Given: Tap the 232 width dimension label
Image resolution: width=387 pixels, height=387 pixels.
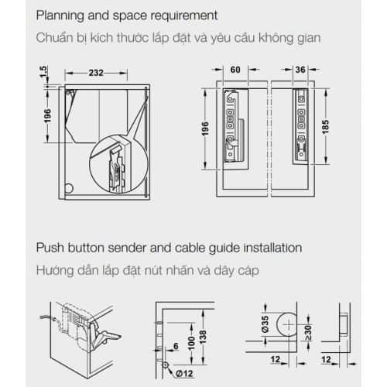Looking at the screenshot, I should [96, 72].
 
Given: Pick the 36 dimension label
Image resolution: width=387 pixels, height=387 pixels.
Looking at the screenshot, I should [300, 68].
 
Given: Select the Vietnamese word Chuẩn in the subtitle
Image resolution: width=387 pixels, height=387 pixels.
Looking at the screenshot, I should [58, 39].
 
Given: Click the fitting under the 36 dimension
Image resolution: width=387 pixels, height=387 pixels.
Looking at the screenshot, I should [300, 128].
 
